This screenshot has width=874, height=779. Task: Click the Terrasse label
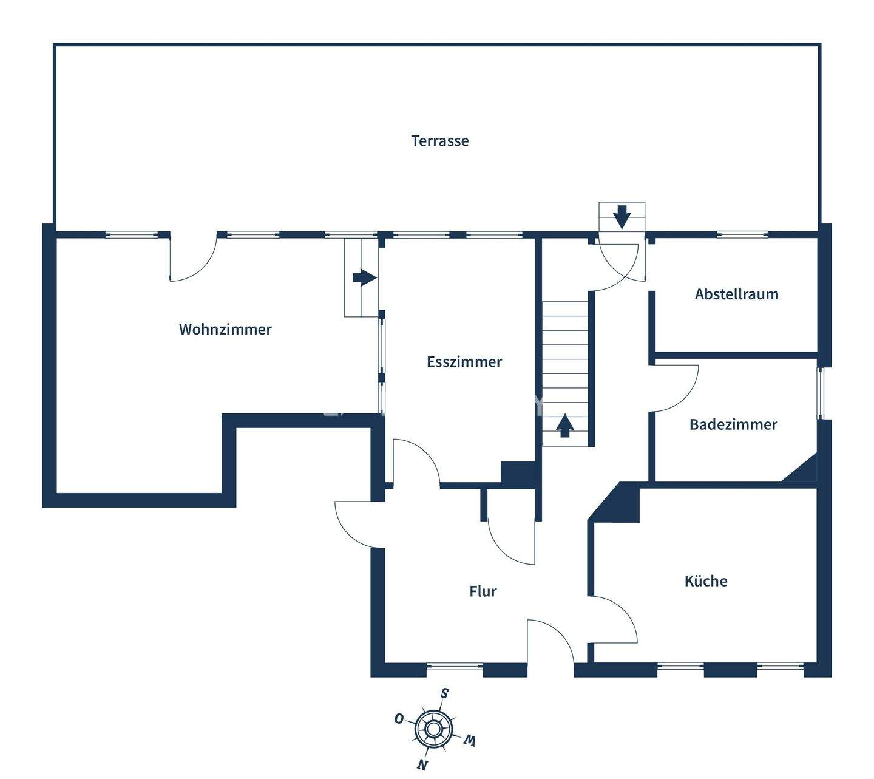point(440,141)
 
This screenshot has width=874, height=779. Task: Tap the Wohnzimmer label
point(225,329)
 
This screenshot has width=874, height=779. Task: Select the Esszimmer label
point(464,362)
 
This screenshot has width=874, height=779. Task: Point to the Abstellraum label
point(736,294)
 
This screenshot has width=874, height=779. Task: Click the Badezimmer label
point(733,424)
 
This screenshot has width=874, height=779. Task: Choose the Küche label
point(706,581)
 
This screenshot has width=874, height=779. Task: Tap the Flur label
point(483,591)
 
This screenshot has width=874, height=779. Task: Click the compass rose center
point(433,728)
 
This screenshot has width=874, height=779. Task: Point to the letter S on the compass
point(445,693)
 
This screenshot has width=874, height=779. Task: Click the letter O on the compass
point(399,719)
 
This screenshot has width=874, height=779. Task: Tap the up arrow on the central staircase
point(565,425)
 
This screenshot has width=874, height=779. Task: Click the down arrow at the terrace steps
point(622,216)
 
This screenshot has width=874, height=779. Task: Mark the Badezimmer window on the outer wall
point(820,393)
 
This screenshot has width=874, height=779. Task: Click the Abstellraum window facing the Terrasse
point(742,234)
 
